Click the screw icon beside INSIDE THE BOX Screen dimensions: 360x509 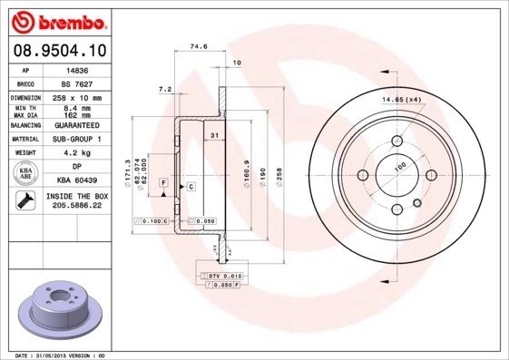tap(25, 201)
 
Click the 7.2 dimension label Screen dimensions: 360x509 tap(165, 89)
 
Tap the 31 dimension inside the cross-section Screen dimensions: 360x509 tap(214, 136)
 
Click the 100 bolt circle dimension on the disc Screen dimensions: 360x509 tap(399, 167)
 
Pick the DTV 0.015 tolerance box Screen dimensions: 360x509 tap(221, 274)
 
